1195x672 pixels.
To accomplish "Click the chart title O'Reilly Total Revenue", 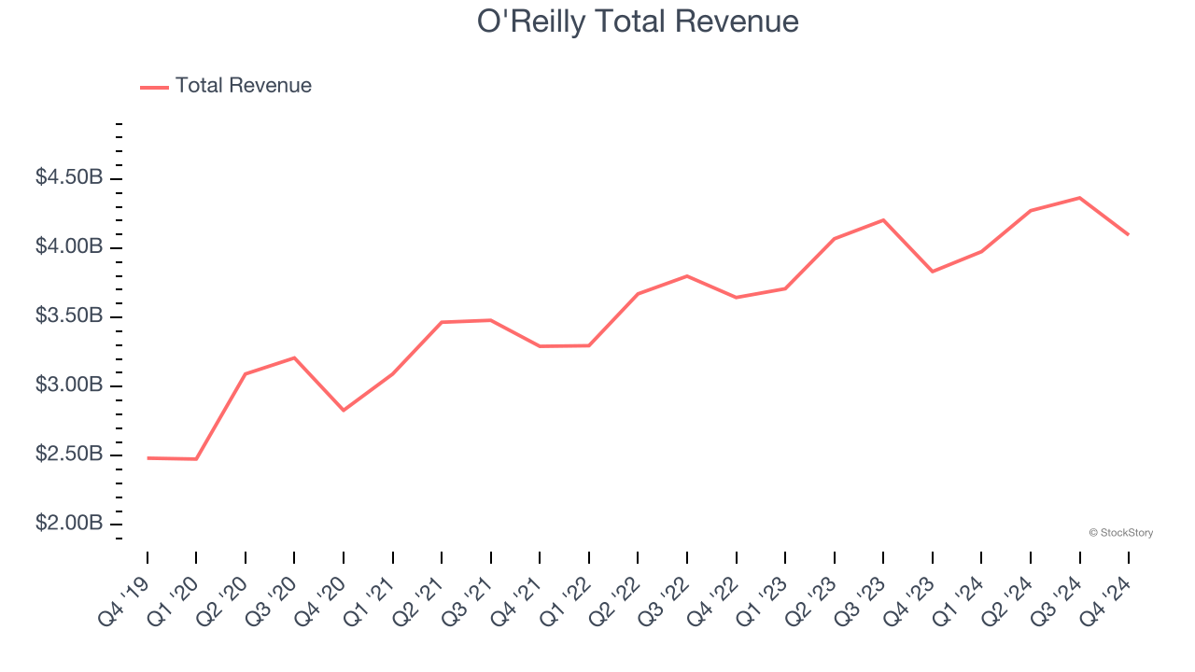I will (638, 21).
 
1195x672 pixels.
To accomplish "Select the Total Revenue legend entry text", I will (243, 86).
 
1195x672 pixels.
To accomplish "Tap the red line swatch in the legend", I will (154, 87).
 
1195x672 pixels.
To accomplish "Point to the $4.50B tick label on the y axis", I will (69, 177).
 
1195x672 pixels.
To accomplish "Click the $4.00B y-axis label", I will (69, 247).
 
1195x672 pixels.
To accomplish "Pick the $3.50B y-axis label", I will (69, 316).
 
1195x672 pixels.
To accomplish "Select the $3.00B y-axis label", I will (69, 385).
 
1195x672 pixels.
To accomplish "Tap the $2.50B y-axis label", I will (69, 455).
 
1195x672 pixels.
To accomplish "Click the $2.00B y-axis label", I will (69, 524).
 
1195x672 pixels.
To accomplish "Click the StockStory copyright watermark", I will (1120, 533).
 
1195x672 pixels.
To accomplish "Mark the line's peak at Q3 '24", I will (1079, 198).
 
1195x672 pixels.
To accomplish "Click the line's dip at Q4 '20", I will (344, 410).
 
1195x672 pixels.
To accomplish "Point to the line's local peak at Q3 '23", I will (883, 220).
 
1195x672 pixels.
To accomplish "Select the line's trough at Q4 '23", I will (933, 272).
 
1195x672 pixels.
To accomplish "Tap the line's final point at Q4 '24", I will (1128, 234).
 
